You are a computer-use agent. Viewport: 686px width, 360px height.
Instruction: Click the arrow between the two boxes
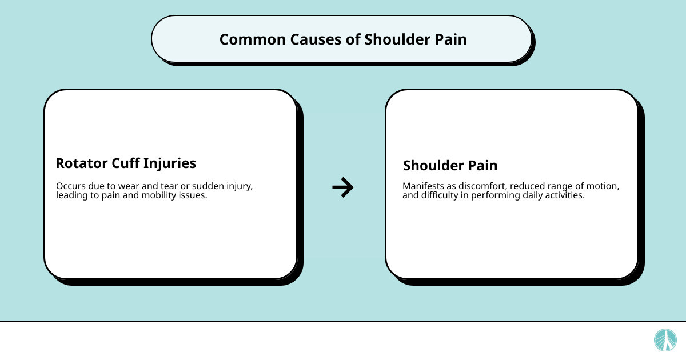(343, 187)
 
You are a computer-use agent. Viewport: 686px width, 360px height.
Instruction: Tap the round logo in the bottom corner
(665, 340)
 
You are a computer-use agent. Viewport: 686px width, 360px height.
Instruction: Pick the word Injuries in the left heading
(170, 163)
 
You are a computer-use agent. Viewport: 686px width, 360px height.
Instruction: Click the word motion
(603, 187)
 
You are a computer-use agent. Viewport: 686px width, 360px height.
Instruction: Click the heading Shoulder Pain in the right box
(450, 166)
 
